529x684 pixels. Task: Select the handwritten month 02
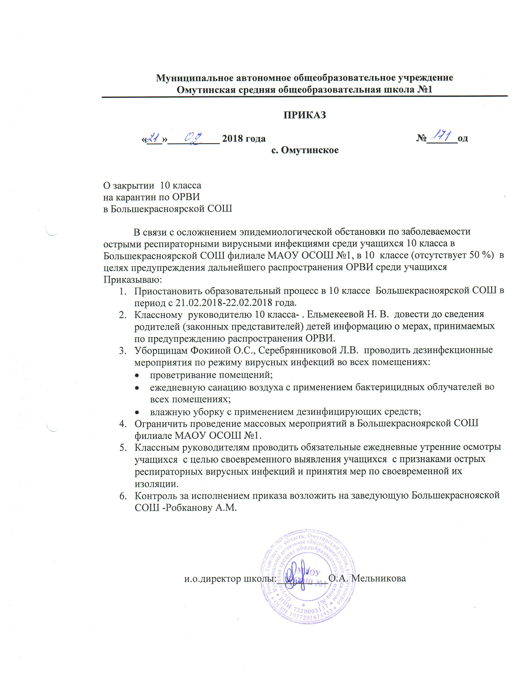(x=194, y=137)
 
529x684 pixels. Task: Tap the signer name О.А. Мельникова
(x=370, y=578)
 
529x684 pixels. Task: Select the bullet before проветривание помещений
(x=137, y=375)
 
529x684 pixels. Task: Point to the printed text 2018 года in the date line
(x=244, y=138)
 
